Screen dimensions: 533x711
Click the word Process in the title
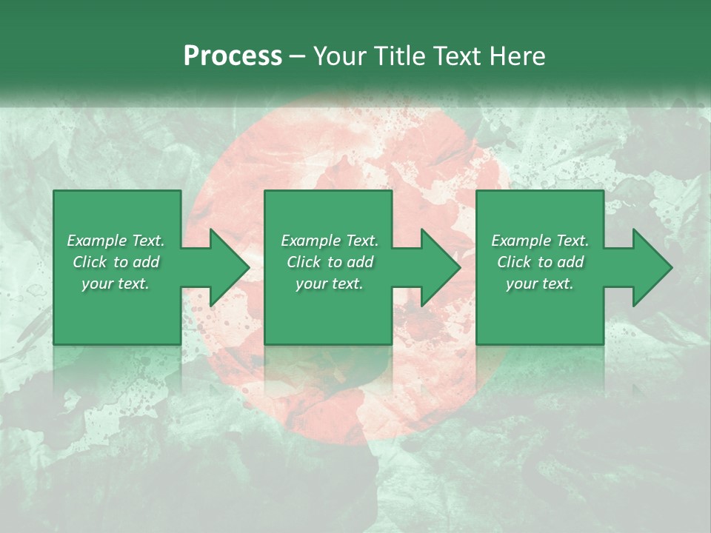pyautogui.click(x=233, y=56)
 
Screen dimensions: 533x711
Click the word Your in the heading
pyautogui.click(x=337, y=56)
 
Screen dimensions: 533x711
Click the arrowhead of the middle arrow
pyautogui.click(x=440, y=267)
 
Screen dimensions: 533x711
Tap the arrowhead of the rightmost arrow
pyautogui.click(x=652, y=267)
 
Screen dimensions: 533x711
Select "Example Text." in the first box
pyautogui.click(x=116, y=241)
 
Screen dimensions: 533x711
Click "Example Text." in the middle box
pyautogui.click(x=330, y=241)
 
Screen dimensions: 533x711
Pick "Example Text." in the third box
pyautogui.click(x=540, y=241)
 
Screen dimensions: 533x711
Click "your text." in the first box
pyautogui.click(x=116, y=284)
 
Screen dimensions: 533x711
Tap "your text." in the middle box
pyautogui.click(x=330, y=284)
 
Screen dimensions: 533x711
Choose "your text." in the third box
pyautogui.click(x=540, y=284)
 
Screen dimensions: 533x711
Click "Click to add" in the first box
pyautogui.click(x=116, y=262)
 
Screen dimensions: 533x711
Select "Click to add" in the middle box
pyautogui.click(x=330, y=262)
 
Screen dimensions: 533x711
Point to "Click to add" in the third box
pyautogui.click(x=540, y=262)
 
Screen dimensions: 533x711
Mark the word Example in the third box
pyautogui.click(x=521, y=241)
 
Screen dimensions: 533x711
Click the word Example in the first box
pyautogui.click(x=96, y=241)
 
